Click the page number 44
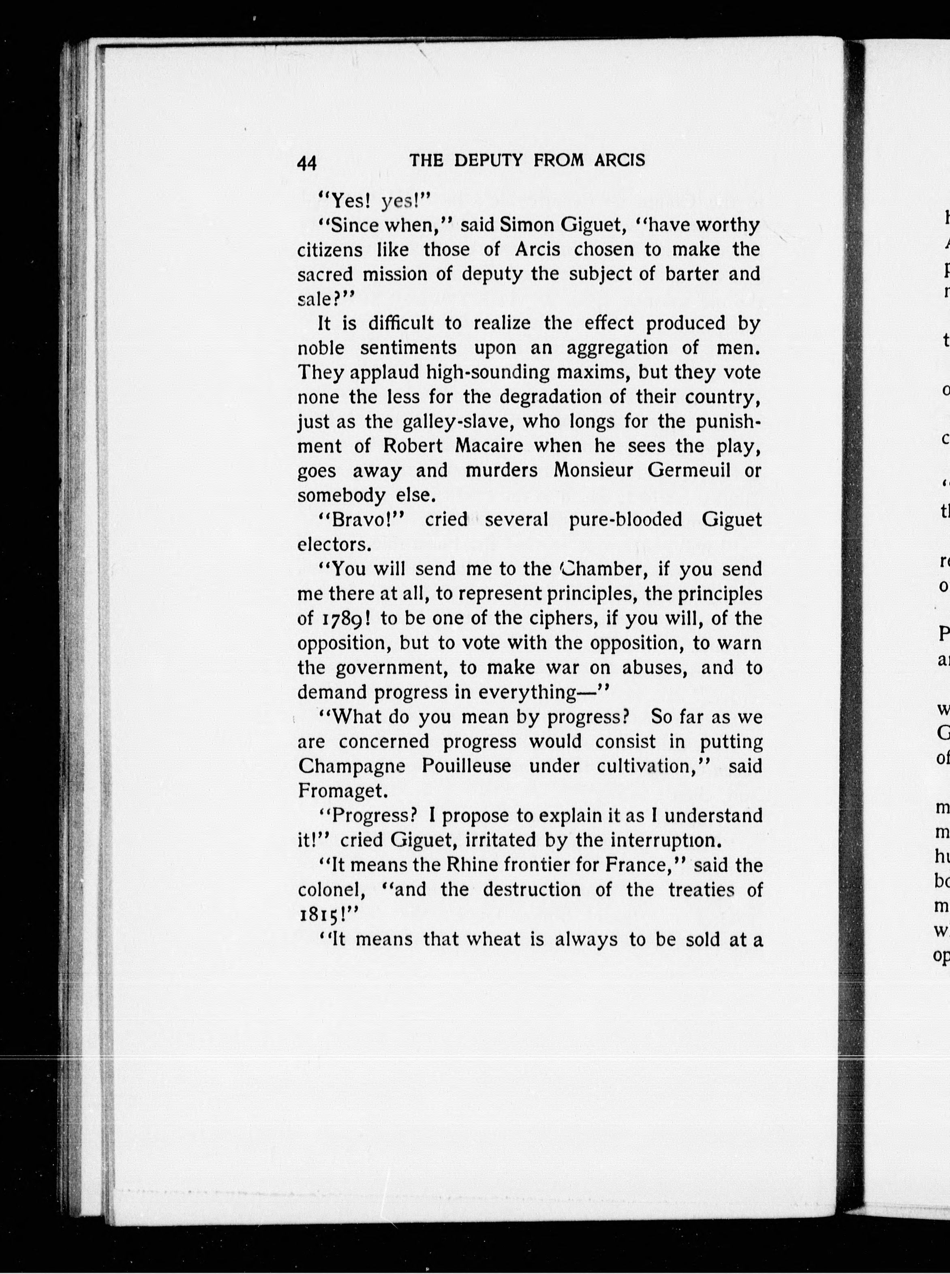tap(307, 163)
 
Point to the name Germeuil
tap(688, 470)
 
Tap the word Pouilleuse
tap(466, 766)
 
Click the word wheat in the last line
tap(492, 939)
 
